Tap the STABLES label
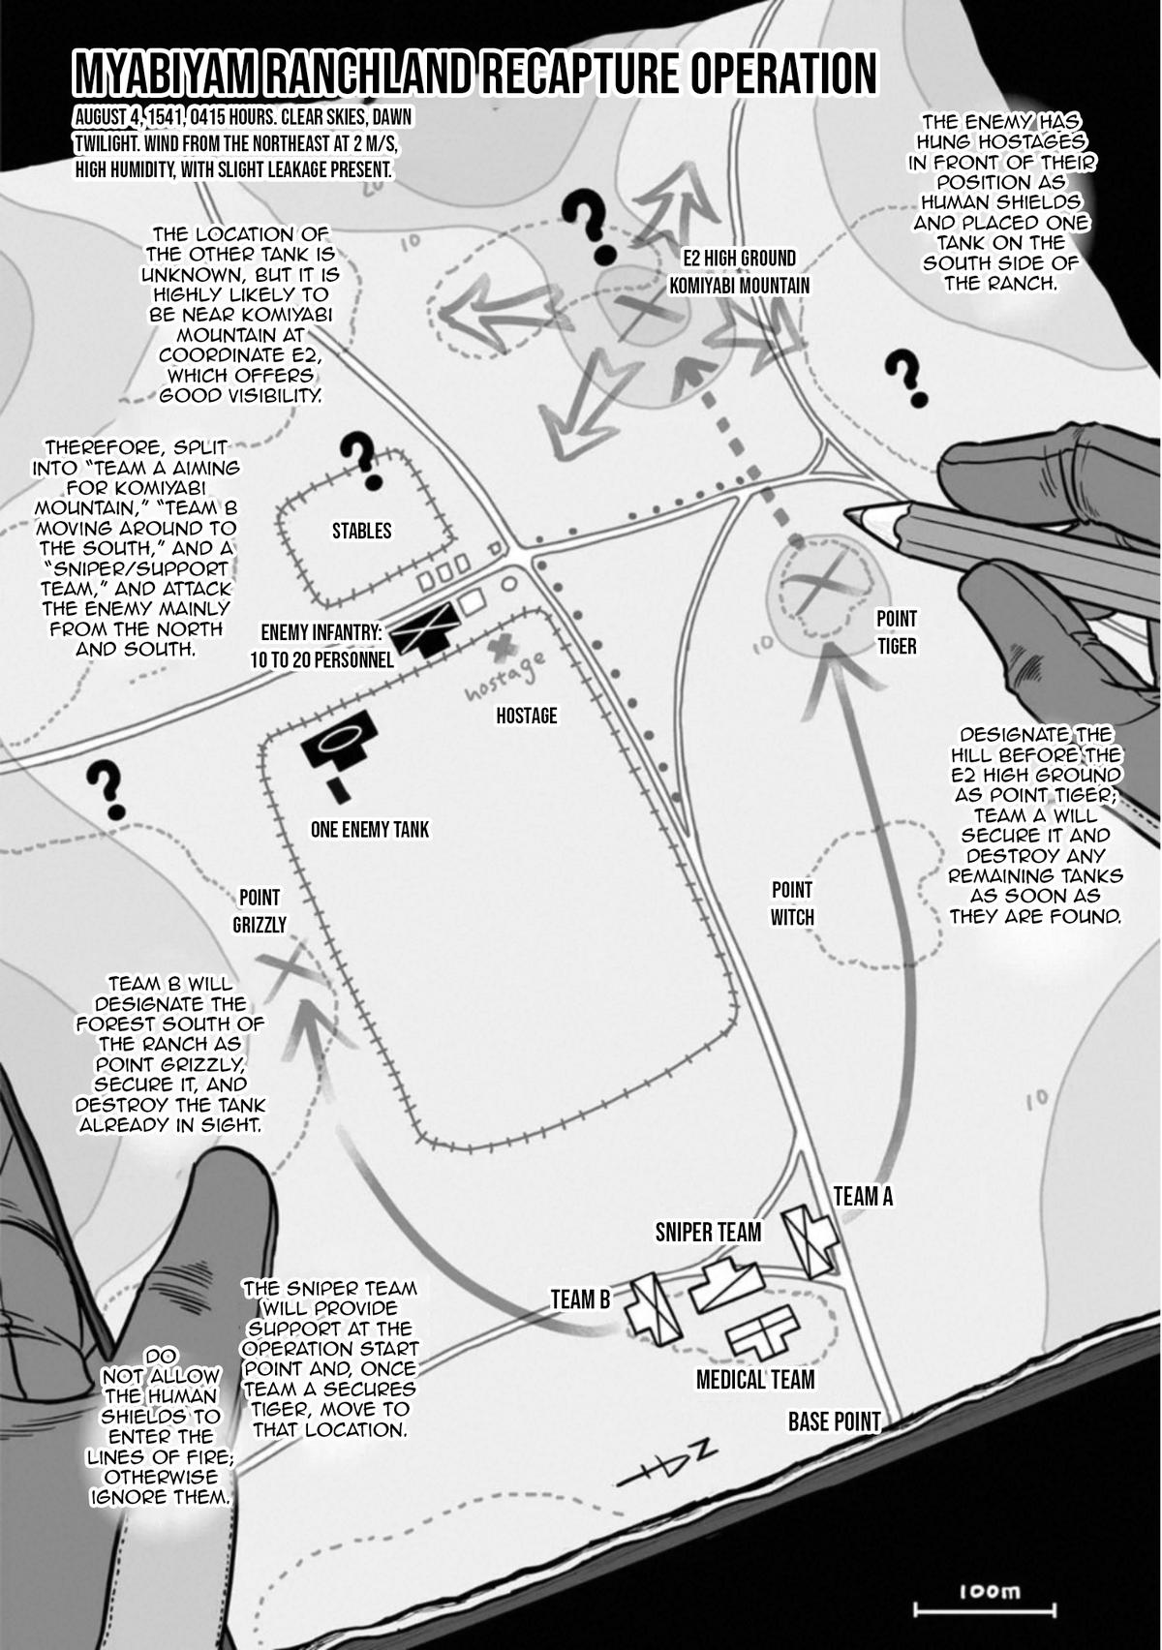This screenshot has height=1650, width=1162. [361, 531]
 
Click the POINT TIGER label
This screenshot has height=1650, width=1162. [896, 631]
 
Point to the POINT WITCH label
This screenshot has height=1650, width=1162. [792, 902]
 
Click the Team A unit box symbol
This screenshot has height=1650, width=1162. [810, 1239]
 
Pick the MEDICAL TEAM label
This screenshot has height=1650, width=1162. [755, 1379]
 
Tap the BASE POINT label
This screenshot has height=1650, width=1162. [834, 1421]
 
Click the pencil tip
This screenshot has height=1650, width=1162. [853, 513]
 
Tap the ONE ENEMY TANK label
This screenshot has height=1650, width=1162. [369, 829]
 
